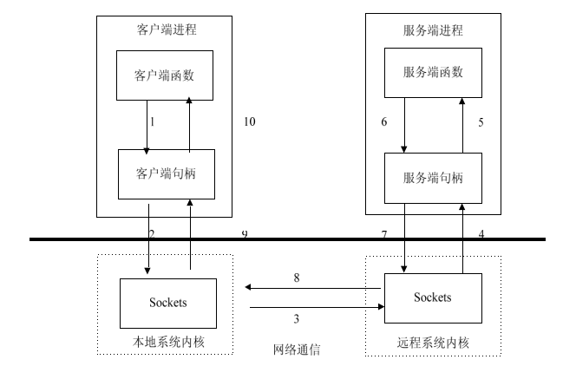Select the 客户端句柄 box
coord(165,173)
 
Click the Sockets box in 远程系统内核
coord(432,297)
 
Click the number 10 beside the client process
coord(250,122)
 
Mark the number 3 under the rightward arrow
coord(297,319)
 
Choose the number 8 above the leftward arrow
coord(297,278)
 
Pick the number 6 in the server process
coord(384,122)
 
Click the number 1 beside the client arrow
coord(152,122)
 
